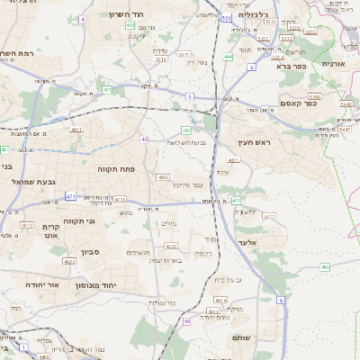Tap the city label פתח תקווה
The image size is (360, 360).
tap(116, 168)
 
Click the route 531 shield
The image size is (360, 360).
tap(227, 17)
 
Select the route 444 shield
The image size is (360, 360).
tap(228, 57)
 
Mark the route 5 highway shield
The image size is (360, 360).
tap(190, 94)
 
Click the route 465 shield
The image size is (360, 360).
tap(325, 266)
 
